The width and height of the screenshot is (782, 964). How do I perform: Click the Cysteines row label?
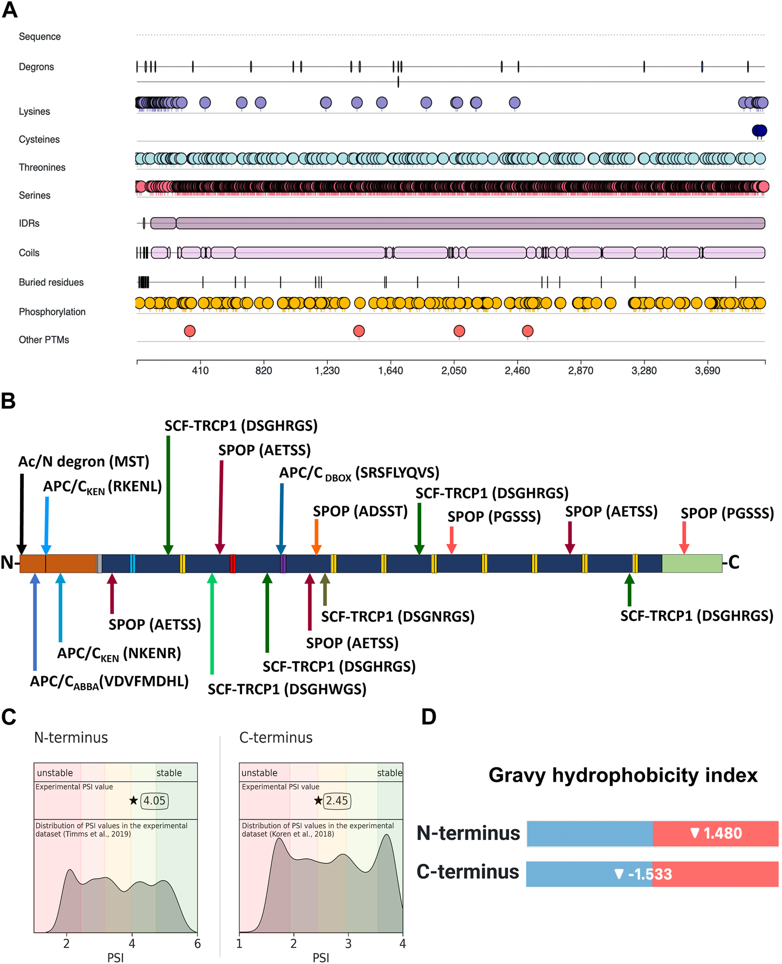[x=39, y=139]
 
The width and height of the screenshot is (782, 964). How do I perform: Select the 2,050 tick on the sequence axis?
[x=454, y=370]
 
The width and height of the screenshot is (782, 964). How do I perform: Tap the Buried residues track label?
[x=51, y=282]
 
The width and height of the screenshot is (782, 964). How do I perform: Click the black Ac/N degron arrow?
[x=22, y=512]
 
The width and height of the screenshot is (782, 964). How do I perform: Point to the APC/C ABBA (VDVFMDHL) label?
[x=109, y=681]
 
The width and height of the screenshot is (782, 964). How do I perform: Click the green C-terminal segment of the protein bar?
[x=691, y=563]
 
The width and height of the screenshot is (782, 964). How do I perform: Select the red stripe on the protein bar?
[x=233, y=563]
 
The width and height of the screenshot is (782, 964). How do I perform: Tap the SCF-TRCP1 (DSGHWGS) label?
[x=287, y=689]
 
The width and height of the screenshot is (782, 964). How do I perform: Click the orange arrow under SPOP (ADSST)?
[x=317, y=536]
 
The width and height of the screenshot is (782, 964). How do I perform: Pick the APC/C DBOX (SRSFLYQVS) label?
[x=359, y=473]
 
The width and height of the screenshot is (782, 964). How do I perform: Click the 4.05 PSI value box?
[x=154, y=801]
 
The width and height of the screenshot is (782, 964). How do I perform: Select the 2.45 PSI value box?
[x=337, y=801]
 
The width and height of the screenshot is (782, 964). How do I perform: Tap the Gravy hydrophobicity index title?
[x=622, y=775]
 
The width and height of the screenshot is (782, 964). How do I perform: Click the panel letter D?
[x=429, y=717]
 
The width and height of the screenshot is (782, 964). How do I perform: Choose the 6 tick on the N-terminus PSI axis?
[x=197, y=944]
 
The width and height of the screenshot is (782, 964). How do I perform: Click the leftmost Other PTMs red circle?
[x=189, y=330]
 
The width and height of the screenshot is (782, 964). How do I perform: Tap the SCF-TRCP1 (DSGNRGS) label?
[x=397, y=616]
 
